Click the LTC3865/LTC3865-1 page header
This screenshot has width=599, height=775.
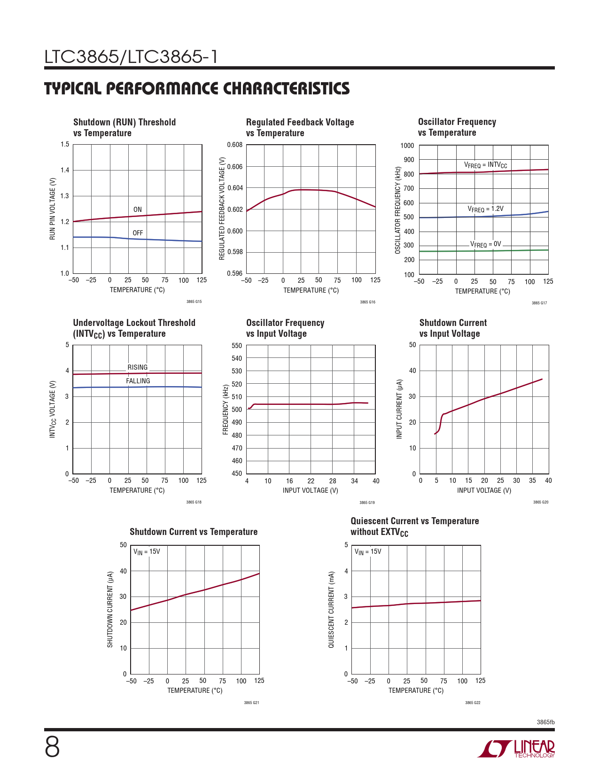pyautogui.click(x=131, y=57)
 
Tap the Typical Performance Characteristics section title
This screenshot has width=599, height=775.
pyautogui.click(x=197, y=89)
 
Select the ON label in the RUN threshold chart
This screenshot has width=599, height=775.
pyautogui.click(x=138, y=210)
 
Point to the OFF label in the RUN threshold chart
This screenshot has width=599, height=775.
pyautogui.click(x=138, y=233)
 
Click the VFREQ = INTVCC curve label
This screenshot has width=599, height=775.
pyautogui.click(x=485, y=165)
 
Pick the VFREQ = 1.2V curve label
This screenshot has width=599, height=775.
pyautogui.click(x=485, y=209)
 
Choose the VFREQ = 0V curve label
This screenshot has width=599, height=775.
pyautogui.click(x=486, y=245)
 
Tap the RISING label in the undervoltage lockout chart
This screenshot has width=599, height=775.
pyautogui.click(x=138, y=367)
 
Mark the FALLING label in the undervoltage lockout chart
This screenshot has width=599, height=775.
pyautogui.click(x=138, y=381)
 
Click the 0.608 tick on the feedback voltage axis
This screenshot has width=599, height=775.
pyautogui.click(x=235, y=145)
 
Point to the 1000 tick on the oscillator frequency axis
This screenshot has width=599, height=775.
pyautogui.click(x=407, y=146)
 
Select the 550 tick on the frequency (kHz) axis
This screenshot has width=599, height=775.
pyautogui.click(x=237, y=346)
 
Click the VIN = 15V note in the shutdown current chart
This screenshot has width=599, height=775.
pyautogui.click(x=147, y=552)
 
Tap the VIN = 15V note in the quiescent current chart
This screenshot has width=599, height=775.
pyautogui.click(x=368, y=552)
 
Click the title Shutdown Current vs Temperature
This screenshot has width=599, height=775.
pyautogui.click(x=194, y=532)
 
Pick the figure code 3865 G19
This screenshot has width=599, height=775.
pyautogui.click(x=367, y=503)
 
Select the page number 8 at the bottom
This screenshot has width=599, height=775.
pyautogui.click(x=52, y=747)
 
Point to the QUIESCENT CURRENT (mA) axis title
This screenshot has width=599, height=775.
pyautogui.click(x=331, y=610)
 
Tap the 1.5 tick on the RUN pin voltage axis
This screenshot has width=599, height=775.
pyautogui.click(x=65, y=145)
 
